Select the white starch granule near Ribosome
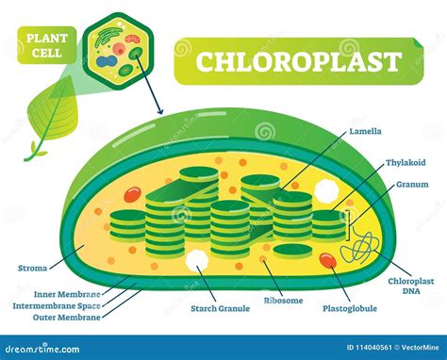[x=197, y=262]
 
